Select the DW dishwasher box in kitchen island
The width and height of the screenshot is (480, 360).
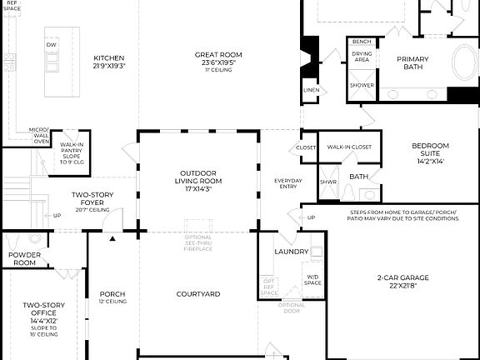(x=51, y=44)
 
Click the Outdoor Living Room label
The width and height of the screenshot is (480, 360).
(x=197, y=180)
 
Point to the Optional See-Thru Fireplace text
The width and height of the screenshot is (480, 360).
(x=197, y=244)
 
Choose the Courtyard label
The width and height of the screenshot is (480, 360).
(x=197, y=293)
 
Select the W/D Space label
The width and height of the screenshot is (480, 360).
(x=312, y=279)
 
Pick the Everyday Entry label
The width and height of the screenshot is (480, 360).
(x=288, y=183)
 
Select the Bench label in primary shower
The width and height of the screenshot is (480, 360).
(x=362, y=42)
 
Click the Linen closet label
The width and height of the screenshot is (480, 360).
(x=311, y=89)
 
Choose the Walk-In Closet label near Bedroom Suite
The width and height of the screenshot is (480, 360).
(x=348, y=147)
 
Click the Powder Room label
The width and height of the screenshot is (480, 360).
(x=23, y=258)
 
